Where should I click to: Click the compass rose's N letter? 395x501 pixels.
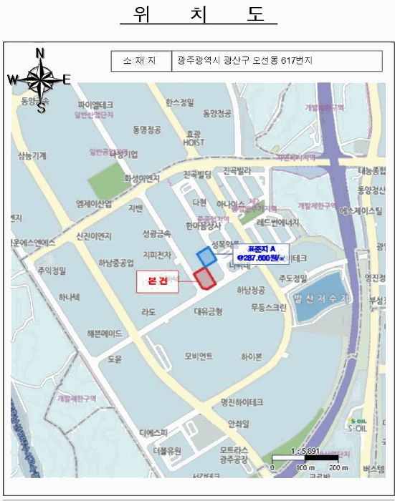pos(40,53)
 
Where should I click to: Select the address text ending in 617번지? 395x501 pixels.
pos(246,62)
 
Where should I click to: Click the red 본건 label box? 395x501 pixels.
pos(157,281)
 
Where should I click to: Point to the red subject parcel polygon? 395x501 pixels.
pos(205,278)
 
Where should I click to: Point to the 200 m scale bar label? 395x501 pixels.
pos(336,467)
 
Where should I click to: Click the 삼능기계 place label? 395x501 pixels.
pos(32,155)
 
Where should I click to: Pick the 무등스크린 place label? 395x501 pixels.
pos(269,308)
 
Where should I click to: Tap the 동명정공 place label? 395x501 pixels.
pos(147,130)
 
